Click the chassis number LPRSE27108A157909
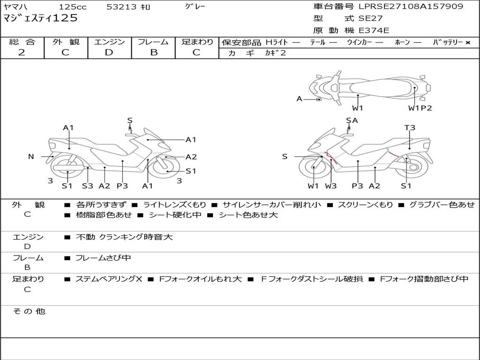[x=411, y=7]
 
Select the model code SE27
[x=371, y=19]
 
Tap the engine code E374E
[x=374, y=31]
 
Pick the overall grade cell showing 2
[x=22, y=52]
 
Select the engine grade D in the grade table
[x=109, y=52]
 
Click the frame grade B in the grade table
[x=153, y=52]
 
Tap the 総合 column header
[x=22, y=42]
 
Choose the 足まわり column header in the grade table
[x=197, y=42]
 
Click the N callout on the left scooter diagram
[x=31, y=157]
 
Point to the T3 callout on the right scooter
[x=410, y=127]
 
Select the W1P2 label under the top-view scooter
[x=420, y=108]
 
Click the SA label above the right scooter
[x=352, y=120]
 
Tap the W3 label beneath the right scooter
[x=331, y=186]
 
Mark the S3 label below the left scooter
[x=87, y=186]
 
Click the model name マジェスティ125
[x=40, y=19]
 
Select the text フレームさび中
[x=103, y=258]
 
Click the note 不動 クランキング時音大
[x=124, y=237]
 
